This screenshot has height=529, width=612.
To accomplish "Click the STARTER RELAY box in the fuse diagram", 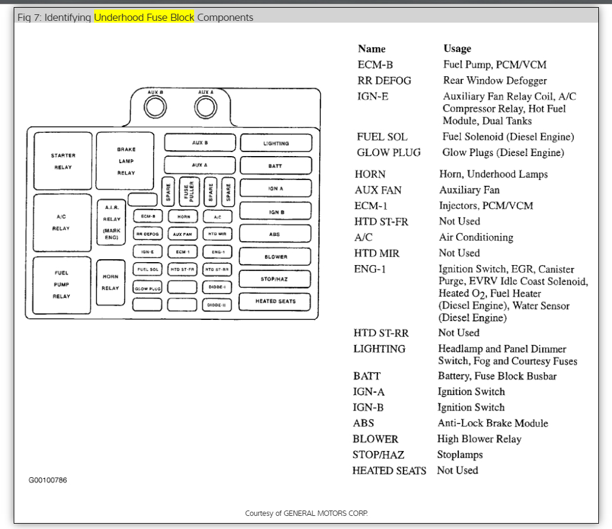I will [x=63, y=161].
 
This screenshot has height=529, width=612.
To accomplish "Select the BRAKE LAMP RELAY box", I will [x=126, y=161].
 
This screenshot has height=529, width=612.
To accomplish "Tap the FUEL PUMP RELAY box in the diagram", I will [x=62, y=285].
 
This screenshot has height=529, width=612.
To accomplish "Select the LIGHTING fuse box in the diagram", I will [x=276, y=144].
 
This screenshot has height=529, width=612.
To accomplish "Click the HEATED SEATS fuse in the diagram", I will [x=275, y=301].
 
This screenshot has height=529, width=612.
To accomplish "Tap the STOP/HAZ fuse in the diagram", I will [x=275, y=279].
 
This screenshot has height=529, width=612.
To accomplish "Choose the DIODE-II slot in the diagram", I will [x=217, y=305].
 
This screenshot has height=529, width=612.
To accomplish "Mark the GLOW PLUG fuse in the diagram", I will [x=147, y=288].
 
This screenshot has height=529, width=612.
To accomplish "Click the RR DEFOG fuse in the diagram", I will [x=147, y=234].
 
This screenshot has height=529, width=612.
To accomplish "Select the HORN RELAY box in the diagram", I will [x=111, y=282].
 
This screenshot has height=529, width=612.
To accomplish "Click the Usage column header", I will [x=457, y=48].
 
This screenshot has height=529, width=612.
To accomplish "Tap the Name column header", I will [x=371, y=49].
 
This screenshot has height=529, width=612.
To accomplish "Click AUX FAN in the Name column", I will [x=378, y=190].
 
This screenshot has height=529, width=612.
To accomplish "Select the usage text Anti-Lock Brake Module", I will [x=493, y=423].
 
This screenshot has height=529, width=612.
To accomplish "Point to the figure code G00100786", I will [x=48, y=480].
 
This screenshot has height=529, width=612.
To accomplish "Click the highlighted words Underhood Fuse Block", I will [x=144, y=17].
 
